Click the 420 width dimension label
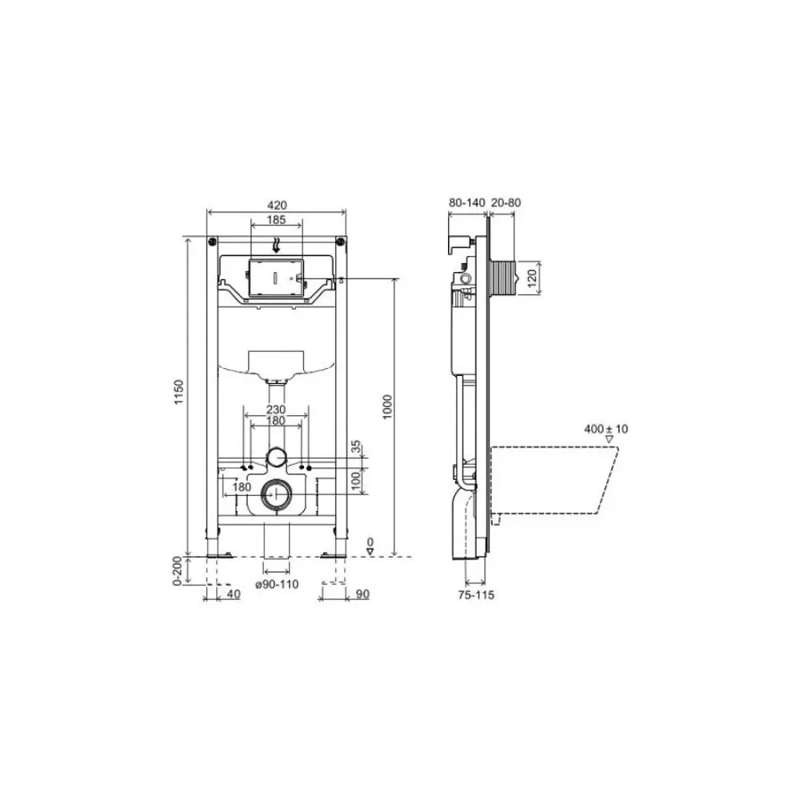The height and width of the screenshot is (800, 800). coord(277,205)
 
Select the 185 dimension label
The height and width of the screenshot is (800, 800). coord(277,221)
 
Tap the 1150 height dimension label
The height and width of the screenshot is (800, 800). coord(178,392)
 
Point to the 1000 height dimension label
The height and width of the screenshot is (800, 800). coord(388,406)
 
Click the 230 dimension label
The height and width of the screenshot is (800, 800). coord(276,410)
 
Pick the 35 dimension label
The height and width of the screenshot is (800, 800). coord(356,447)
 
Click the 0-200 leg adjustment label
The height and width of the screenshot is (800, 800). coord(177,570)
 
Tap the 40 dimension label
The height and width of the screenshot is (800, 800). coord(233,594)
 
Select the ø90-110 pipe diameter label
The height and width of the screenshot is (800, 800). coord(277,584)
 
